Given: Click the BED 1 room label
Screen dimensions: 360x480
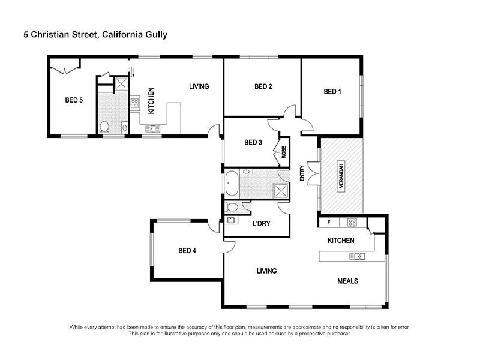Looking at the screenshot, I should pyautogui.click(x=332, y=92).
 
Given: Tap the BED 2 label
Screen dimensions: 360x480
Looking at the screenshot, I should pyautogui.click(x=263, y=87).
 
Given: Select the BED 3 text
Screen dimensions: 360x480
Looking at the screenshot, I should pyautogui.click(x=253, y=142).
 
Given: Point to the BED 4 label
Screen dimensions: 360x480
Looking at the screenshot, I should pyautogui.click(x=187, y=251).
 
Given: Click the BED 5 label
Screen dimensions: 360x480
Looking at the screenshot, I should pyautogui.click(x=74, y=100).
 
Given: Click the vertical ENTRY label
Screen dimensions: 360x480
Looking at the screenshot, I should pyautogui.click(x=302, y=174).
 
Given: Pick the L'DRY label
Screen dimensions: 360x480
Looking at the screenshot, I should pyautogui.click(x=262, y=224).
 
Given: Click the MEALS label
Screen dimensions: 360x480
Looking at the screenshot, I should pyautogui.click(x=348, y=281).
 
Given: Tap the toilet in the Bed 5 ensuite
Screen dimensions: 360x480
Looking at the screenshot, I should pyautogui.click(x=104, y=126).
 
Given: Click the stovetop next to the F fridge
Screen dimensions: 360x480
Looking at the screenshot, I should pyautogui.click(x=353, y=222).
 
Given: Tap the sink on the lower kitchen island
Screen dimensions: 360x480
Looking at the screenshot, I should pyautogui.click(x=358, y=257).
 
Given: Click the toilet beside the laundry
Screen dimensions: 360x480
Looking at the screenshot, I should pyautogui.click(x=232, y=208).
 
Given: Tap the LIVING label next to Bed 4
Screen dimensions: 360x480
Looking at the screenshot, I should pyautogui.click(x=266, y=271).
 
